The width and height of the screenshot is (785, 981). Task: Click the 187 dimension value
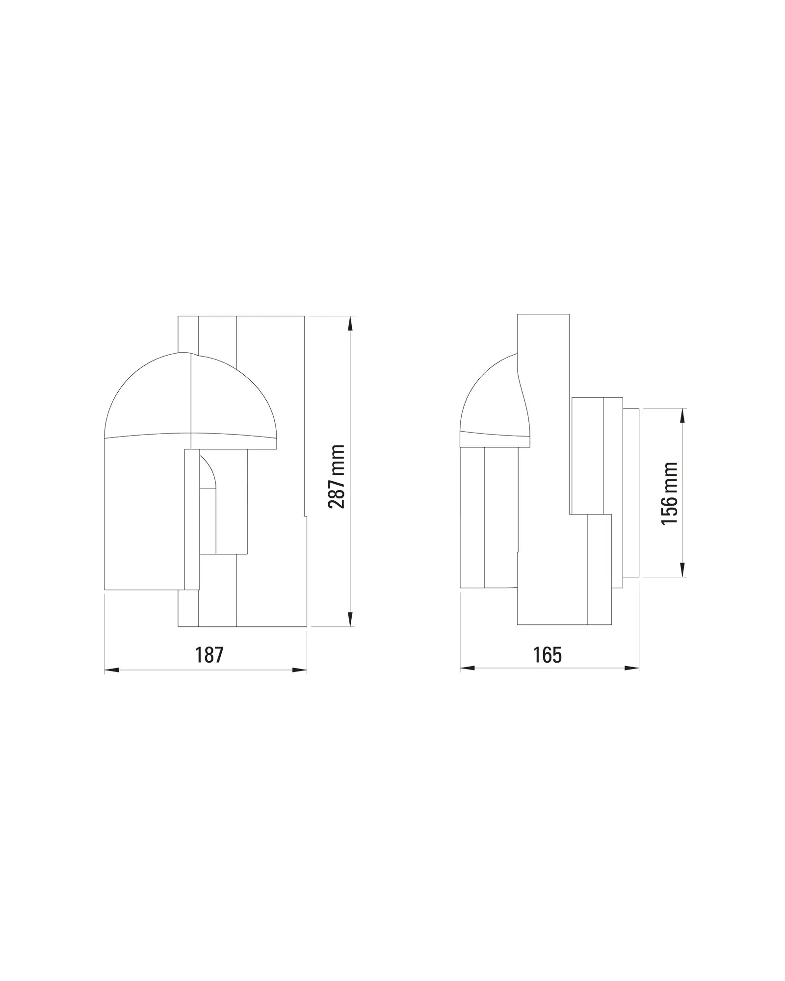click(209, 655)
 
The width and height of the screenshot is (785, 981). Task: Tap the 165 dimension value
click(548, 655)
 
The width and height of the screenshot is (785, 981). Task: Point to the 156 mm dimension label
click(669, 493)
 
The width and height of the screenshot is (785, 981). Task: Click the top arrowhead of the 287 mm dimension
click(350, 324)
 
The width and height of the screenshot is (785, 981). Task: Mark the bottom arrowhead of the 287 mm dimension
click(350, 619)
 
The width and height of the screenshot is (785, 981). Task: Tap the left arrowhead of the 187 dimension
click(112, 670)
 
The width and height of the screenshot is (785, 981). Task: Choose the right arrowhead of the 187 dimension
click(299, 670)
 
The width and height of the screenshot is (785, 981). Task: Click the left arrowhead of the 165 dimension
click(468, 668)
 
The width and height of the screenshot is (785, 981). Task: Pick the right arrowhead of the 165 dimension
click(631, 668)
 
